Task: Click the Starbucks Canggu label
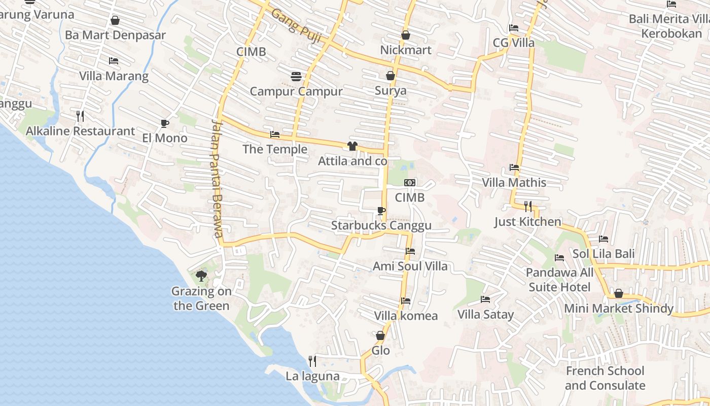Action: click(381, 225)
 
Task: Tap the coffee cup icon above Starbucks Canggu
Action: click(381, 211)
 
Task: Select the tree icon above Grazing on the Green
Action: click(201, 276)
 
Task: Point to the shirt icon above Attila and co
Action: click(352, 146)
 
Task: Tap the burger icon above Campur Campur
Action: click(297, 77)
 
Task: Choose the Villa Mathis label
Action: click(514, 183)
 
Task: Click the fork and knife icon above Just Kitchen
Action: click(528, 206)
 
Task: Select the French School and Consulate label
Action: click(605, 378)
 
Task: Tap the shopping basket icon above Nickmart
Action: click(406, 35)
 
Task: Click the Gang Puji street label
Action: click(297, 21)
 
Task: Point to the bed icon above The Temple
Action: click(275, 134)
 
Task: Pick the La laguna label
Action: click(312, 376)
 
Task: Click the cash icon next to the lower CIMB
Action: click(410, 183)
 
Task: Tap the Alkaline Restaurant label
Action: click(81, 131)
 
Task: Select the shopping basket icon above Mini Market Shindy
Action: click(619, 293)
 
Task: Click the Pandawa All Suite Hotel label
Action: click(559, 280)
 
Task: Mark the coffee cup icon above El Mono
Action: click(165, 123)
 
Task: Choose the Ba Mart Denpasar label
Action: click(115, 35)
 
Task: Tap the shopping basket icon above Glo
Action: click(380, 335)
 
